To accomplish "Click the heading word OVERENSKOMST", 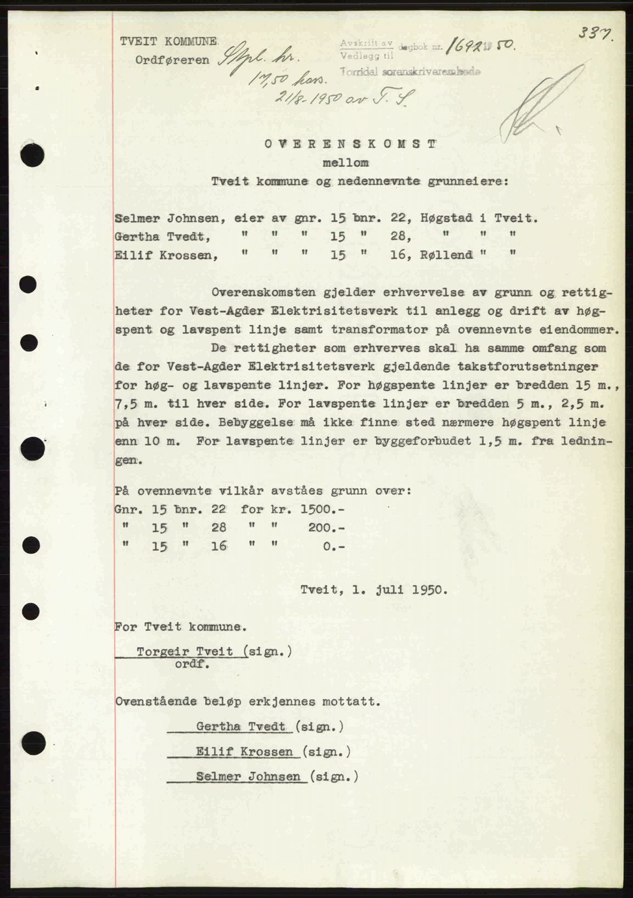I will (x=350, y=144).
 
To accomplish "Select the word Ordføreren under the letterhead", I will (x=172, y=60).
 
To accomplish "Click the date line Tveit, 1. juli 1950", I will (x=374, y=591).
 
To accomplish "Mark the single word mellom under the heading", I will (x=345, y=163).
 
